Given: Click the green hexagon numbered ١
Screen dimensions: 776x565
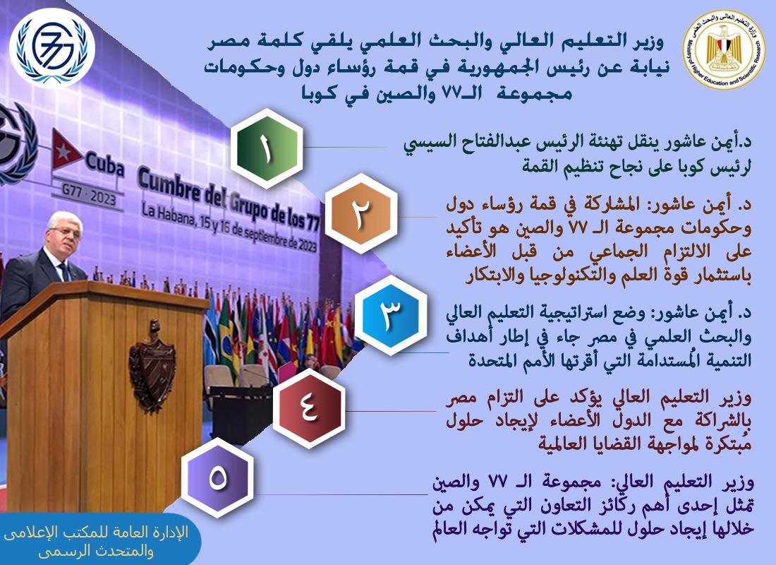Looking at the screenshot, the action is point(267,148).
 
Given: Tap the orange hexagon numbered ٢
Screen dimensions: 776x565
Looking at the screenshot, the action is point(361,213).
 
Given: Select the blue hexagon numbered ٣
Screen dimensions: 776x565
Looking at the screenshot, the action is point(391,315).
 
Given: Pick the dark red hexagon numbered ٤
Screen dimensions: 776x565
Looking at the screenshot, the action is point(309,409).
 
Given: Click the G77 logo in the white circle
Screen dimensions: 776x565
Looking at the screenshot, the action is point(52,48).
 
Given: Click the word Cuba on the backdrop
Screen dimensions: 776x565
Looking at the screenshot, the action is point(104,164).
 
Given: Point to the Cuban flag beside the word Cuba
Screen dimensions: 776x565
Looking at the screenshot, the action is point(67,150).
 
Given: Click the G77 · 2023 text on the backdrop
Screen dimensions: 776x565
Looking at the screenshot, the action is point(89,194).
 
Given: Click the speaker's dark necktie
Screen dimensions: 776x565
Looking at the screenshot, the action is point(64,271).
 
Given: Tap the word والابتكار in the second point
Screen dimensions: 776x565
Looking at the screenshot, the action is point(496,275).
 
